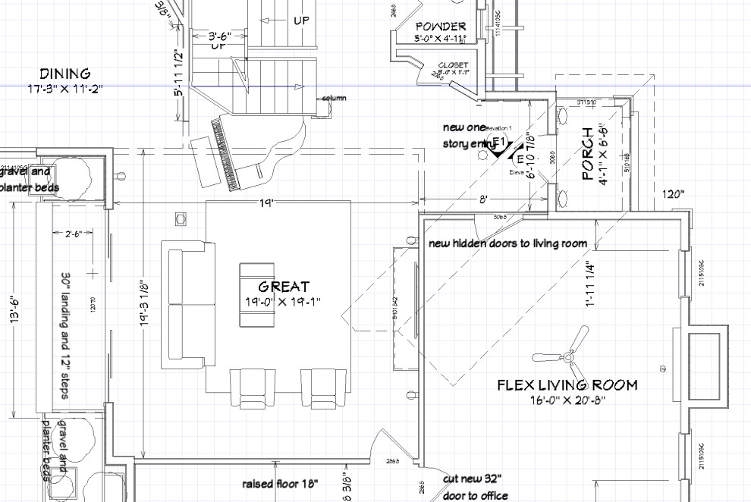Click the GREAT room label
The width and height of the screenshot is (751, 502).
tap(284, 287)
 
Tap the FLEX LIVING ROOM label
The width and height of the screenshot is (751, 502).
tap(567, 384)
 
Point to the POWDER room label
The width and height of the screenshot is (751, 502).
tap(440, 27)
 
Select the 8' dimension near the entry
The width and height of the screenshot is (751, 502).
tap(483, 198)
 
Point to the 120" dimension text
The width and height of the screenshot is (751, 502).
tap(673, 194)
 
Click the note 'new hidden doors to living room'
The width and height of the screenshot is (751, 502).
tap(507, 243)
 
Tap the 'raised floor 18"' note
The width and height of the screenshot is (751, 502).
tap(280, 484)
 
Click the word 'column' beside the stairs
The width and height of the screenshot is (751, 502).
tap(335, 99)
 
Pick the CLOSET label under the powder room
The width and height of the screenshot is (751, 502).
tap(453, 66)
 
